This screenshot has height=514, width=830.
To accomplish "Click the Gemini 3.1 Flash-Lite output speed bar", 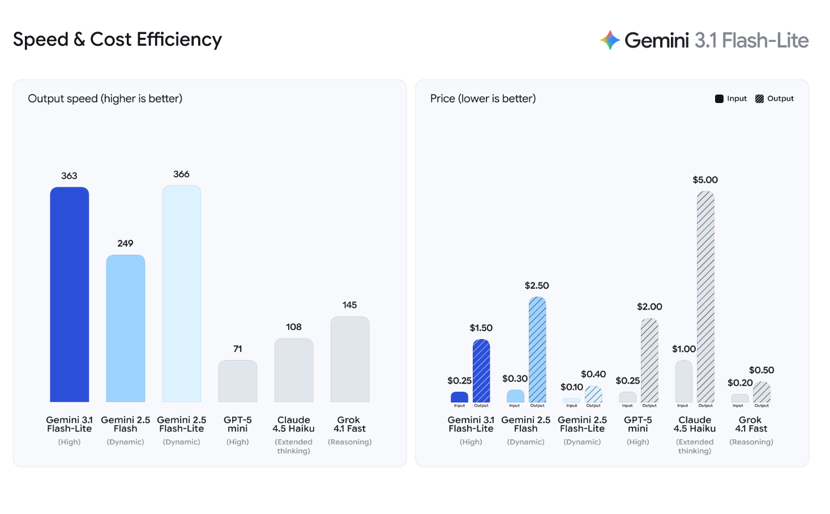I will (69, 294).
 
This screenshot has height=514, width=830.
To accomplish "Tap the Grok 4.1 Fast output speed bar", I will (350, 359).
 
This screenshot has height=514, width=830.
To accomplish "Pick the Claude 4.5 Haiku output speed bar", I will (294, 370).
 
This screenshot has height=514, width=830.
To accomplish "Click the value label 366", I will (181, 174).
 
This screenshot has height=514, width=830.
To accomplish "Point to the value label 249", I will (125, 243).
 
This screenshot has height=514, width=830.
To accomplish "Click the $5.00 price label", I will (705, 180).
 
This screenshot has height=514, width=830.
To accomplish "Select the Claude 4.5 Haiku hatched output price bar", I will (705, 297).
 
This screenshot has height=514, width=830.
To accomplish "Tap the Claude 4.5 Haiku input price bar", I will (683, 382).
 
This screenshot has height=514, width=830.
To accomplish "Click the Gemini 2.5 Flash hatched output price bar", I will (537, 350).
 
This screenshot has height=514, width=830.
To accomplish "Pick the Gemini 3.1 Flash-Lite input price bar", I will (459, 397).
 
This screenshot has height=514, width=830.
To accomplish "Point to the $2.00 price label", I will (649, 307).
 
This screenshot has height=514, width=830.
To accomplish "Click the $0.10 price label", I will (571, 387).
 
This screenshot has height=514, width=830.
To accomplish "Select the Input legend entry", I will (731, 98).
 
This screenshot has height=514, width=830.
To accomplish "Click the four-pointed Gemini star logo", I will (610, 40).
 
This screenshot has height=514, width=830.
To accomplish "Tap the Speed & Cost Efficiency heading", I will (117, 40).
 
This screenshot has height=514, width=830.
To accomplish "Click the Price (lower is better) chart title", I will (483, 98).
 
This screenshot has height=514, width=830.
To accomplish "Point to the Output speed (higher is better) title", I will (105, 98).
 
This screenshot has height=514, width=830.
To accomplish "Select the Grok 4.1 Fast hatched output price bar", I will (761, 392).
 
